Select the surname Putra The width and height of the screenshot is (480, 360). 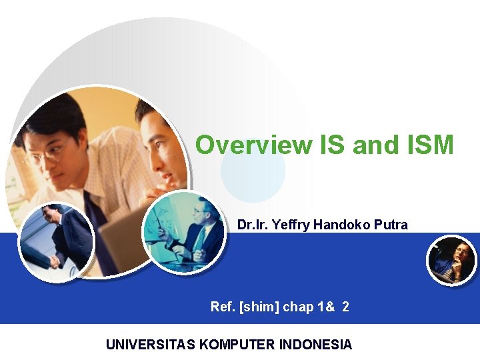coord(391,225)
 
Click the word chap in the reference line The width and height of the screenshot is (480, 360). coord(298,307)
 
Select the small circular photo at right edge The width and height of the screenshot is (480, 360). coord(451,260)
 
